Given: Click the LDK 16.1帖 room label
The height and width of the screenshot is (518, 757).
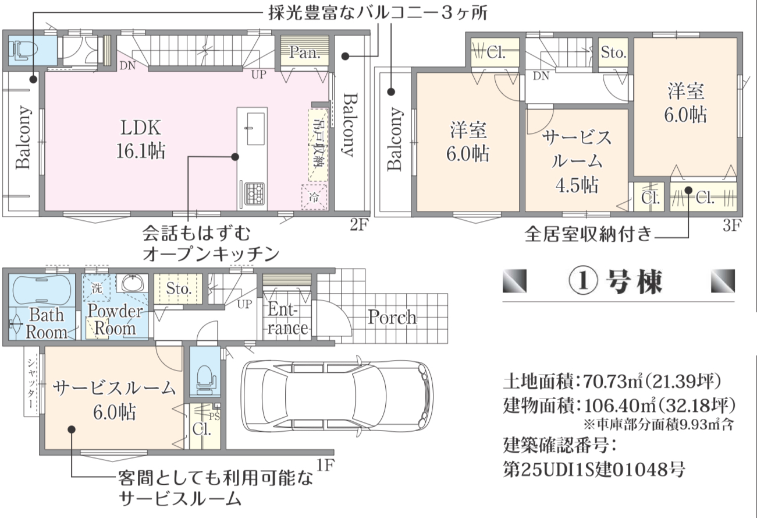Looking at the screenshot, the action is click(x=141, y=139).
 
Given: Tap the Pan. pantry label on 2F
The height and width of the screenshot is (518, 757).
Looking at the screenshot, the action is click(x=305, y=52).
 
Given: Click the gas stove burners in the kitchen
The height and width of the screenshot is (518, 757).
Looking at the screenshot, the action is click(x=254, y=194).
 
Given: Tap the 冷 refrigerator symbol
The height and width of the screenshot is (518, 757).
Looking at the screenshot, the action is click(x=314, y=197).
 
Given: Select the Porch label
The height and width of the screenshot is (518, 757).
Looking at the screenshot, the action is click(x=392, y=317).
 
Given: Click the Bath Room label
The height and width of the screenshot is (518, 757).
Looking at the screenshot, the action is click(x=46, y=323).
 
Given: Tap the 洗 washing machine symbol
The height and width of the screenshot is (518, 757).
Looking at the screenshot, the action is click(x=97, y=288).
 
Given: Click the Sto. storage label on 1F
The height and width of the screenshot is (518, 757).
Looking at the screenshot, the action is click(x=179, y=288).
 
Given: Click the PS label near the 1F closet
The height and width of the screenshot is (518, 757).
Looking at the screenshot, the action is click(x=214, y=417).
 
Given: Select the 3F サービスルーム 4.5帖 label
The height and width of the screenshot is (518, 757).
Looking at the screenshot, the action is click(x=577, y=161).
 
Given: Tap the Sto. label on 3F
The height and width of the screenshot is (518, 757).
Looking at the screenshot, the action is click(x=613, y=52).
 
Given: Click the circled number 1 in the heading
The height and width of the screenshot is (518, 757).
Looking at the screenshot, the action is click(x=583, y=281).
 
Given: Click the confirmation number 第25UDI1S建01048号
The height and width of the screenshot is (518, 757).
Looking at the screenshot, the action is click(x=593, y=470).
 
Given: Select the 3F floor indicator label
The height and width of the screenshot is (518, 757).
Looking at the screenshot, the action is click(x=733, y=225).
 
